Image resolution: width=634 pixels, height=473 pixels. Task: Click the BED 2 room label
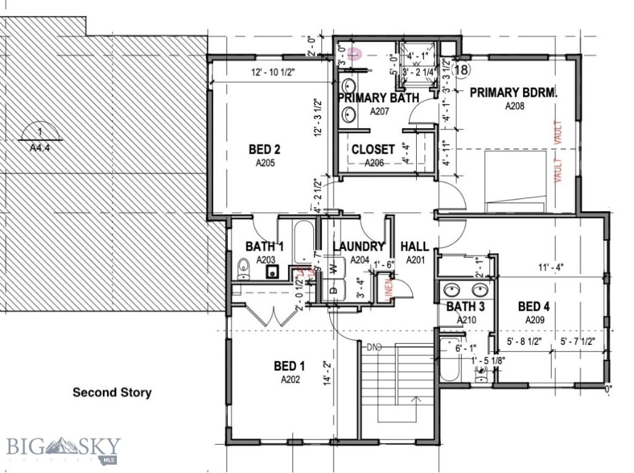tap(265, 149)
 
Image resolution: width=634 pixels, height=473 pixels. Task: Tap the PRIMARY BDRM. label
tap(513, 93)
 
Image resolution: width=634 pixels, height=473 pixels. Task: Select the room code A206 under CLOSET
tap(373, 163)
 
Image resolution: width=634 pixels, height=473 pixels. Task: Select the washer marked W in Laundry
tap(334, 268)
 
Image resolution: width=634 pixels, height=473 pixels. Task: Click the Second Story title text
tap(111, 393)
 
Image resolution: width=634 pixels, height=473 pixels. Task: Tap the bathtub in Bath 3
tap(450, 360)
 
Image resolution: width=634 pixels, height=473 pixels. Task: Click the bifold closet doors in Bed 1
tap(269, 316)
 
